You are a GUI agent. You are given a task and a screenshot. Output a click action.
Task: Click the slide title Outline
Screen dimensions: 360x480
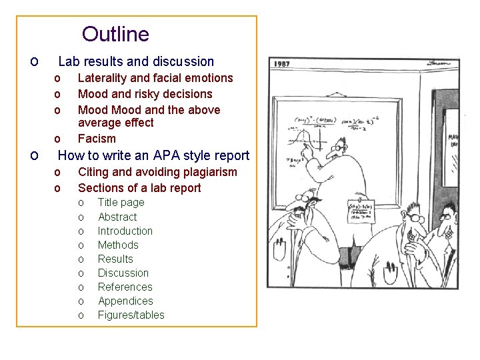pos(115,33)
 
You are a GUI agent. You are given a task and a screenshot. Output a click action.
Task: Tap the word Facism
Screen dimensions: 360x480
pos(97,139)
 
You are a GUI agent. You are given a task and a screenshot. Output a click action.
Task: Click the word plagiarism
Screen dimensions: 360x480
pos(206,172)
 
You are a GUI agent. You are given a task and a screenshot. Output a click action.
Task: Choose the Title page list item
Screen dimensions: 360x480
pos(121,202)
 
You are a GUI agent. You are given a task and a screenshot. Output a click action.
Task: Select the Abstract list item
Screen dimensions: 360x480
pos(117,217)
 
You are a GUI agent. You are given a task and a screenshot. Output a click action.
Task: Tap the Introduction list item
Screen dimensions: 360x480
pos(125,231)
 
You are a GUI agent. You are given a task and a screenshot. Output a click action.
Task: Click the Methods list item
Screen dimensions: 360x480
pos(118,245)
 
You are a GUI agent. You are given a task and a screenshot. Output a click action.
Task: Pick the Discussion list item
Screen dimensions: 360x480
pos(123,273)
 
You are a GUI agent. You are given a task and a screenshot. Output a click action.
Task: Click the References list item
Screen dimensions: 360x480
pos(125,287)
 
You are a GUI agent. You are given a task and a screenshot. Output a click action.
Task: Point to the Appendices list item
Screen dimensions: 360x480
pos(125,301)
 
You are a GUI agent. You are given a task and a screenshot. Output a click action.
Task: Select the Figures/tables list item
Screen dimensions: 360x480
pos(131,315)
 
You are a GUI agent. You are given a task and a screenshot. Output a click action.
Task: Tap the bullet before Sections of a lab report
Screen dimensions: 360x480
pos(57,188)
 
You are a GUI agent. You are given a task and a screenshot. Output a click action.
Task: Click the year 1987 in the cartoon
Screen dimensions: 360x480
pos(281,63)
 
